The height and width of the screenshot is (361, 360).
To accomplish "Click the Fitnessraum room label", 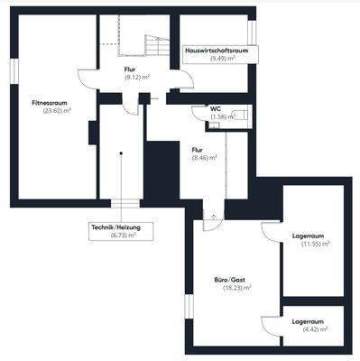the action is click(x=50, y=103).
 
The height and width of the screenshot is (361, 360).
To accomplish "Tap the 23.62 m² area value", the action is click(x=57, y=111).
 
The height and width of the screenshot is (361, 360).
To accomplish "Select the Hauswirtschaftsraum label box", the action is click(x=220, y=54).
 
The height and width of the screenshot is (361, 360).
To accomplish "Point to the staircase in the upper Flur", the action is click(x=157, y=45).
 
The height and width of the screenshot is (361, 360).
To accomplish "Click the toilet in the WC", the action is click(x=240, y=116).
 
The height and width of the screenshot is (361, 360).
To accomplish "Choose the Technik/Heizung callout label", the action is click(x=121, y=231).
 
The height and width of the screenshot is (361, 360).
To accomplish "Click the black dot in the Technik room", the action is click(x=121, y=153).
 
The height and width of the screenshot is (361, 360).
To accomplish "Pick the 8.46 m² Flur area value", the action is click(x=205, y=158).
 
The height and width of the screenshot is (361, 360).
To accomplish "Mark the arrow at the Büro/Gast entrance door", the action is click(x=214, y=217).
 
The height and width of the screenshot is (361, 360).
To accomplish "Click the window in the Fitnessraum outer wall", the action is click(x=14, y=71).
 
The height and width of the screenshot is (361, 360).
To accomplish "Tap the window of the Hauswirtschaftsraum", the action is click(x=252, y=32).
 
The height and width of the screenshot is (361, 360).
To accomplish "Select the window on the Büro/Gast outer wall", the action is click(x=189, y=306).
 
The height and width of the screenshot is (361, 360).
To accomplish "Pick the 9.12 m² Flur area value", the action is click(x=137, y=78).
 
